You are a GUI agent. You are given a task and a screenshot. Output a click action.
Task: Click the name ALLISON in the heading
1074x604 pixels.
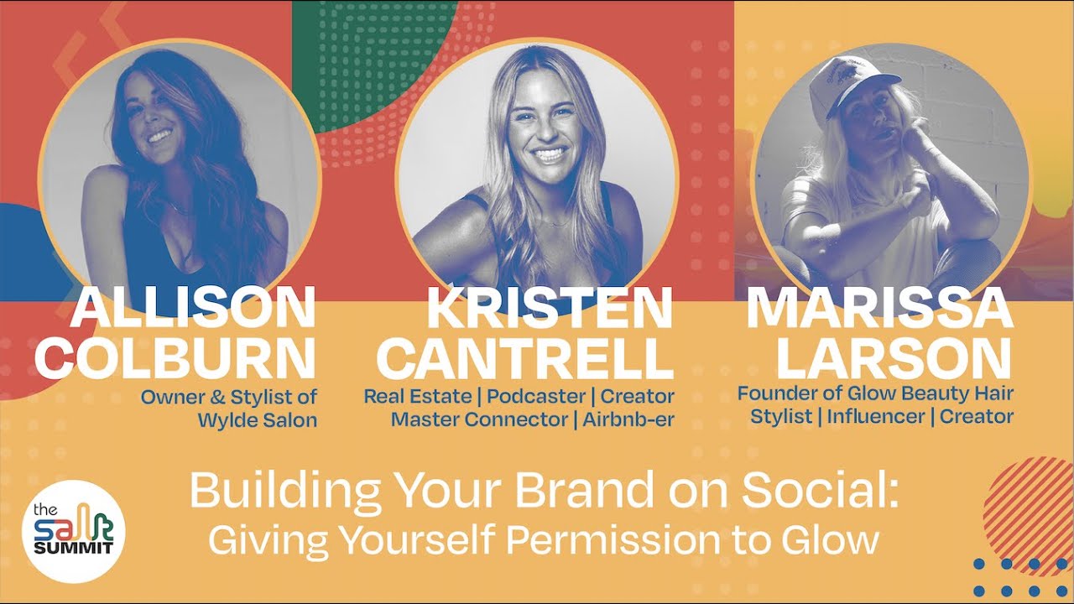tap(193, 309)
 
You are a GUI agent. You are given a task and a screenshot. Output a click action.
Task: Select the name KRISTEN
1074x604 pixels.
tap(550, 309)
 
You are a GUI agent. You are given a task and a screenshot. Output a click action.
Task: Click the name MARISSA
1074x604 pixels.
tap(879, 309)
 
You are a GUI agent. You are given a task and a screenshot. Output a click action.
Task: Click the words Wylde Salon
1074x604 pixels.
tap(257, 420)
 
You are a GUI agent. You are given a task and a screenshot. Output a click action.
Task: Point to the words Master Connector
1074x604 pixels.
tap(481, 419)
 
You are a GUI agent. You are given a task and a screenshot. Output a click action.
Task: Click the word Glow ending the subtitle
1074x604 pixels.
tap(834, 539)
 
